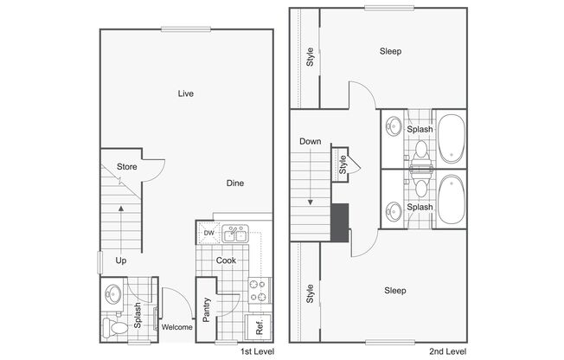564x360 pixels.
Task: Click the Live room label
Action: click(186, 93)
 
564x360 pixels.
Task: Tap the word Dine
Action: click(235, 183)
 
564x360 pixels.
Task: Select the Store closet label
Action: click(126, 167)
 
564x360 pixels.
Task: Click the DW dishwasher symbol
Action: click(208, 233)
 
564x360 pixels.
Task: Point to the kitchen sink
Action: click(235, 234)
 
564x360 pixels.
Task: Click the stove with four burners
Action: click(260, 291)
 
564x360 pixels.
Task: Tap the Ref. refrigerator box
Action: click(259, 327)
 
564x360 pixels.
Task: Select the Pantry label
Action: click(206, 310)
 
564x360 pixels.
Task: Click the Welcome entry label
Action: click(176, 327)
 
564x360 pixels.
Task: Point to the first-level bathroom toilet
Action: click(115, 327)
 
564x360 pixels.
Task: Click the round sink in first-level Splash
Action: click(113, 293)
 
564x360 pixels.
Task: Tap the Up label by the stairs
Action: click(121, 260)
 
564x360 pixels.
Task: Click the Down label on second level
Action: click(310, 141)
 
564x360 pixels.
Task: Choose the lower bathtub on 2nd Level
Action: click(451, 200)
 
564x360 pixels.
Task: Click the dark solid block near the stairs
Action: click(340, 222)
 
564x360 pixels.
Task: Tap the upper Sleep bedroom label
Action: click(391, 51)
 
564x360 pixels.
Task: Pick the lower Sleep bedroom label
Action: click(395, 291)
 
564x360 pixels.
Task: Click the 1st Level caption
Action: click(257, 351)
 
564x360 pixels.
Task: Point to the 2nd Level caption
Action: click(448, 351)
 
